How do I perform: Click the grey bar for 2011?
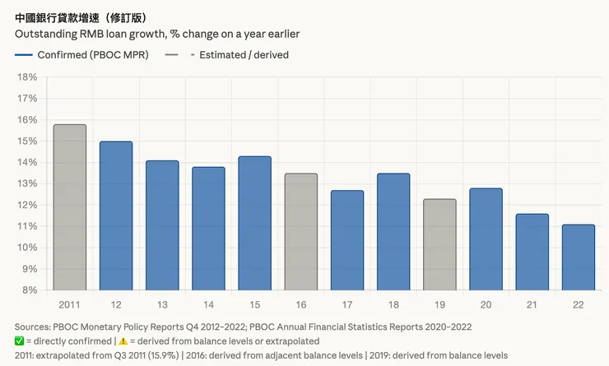(x=69, y=207)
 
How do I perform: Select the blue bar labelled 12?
(x=116, y=215)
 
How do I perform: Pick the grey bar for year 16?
(x=301, y=231)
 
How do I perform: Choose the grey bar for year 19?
(x=439, y=244)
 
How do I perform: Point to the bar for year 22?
(x=578, y=257)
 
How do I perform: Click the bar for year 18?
(x=393, y=231)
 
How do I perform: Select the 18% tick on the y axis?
(x=27, y=77)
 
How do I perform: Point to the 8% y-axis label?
(x=30, y=290)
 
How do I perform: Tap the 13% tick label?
(x=27, y=183)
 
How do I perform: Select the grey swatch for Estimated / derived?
(x=172, y=55)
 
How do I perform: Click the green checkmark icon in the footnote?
(x=21, y=341)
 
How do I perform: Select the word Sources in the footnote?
(x=34, y=327)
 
